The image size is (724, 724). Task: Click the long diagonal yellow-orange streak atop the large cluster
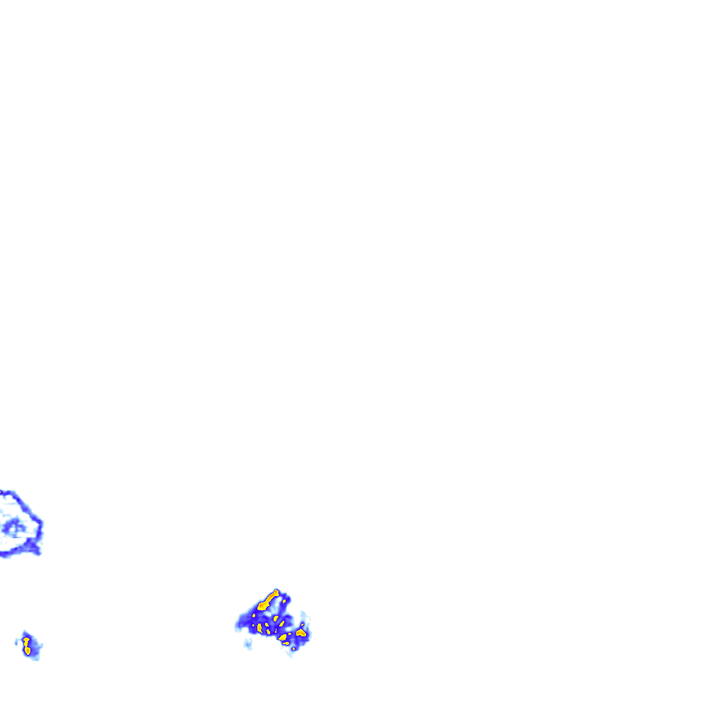click(269, 600)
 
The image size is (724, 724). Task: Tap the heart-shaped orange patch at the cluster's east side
click(301, 633)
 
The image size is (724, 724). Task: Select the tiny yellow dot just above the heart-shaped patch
click(302, 624)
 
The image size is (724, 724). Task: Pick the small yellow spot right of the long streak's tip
click(284, 601)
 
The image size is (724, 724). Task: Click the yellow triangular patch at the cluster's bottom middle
click(283, 637)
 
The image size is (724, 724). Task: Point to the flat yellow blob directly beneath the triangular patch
click(286, 643)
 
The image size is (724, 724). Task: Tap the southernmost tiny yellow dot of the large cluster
click(293, 648)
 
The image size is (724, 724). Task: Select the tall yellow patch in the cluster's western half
click(259, 628)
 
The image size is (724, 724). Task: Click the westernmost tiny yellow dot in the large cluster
click(253, 625)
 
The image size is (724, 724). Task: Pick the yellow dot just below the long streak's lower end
click(254, 615)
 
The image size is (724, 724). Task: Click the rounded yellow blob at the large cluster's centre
click(276, 618)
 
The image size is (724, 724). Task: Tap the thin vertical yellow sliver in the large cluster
click(276, 631)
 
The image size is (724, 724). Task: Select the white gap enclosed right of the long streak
click(279, 600)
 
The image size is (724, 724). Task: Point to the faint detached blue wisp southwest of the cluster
click(247, 644)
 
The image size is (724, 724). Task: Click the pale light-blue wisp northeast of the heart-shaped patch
click(306, 617)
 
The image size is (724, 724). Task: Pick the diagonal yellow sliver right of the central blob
click(282, 624)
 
